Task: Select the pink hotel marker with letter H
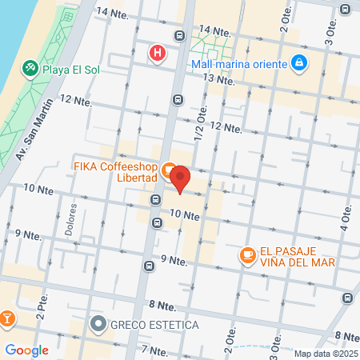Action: click(158, 54)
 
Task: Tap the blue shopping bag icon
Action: click(298, 62)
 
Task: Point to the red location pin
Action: click(181, 179)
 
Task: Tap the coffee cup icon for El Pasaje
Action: click(247, 255)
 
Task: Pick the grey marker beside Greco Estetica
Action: click(98, 325)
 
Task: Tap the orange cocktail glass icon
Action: click(6, 319)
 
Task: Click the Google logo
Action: click(26, 350)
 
